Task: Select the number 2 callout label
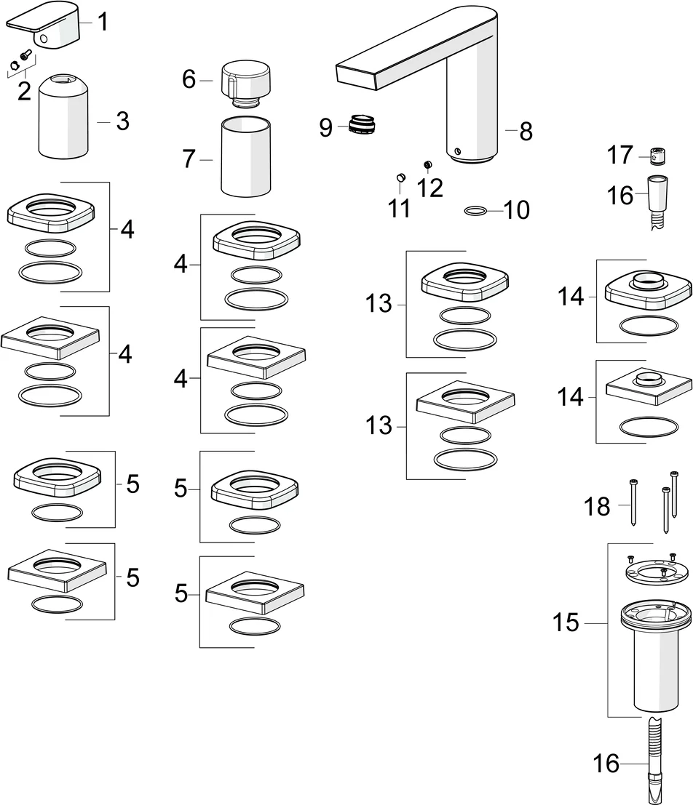[x=24, y=91]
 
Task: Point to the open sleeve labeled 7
[x=246, y=159]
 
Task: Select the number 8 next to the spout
[x=526, y=132]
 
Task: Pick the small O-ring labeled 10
[x=475, y=211]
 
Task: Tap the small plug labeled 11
[x=400, y=177]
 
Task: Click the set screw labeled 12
[x=428, y=165]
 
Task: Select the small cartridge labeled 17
[x=657, y=156]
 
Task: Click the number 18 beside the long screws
[x=598, y=507]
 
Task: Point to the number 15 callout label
[x=565, y=623]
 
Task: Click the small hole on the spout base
[x=456, y=151]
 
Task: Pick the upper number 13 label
[x=379, y=303]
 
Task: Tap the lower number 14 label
[x=571, y=398]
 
